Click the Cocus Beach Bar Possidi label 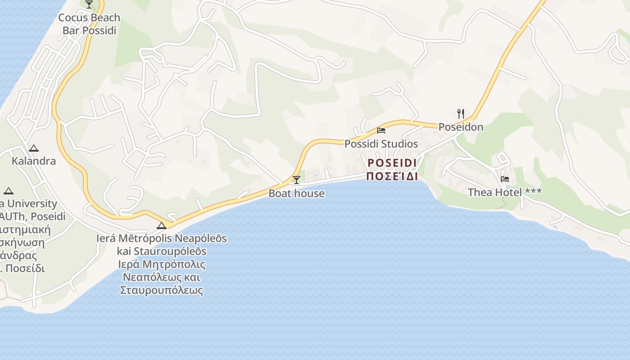pos(89,24)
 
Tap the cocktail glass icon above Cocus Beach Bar pos(89,4)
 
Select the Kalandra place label pos(34,161)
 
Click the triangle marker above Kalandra pos(34,148)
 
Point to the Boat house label pos(296,193)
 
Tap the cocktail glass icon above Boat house pos(296,180)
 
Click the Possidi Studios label pos(381,144)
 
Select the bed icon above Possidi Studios pos(381,130)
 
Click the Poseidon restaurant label pos(461,127)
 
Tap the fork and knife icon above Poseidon pos(460,113)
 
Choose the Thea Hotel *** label pos(504,193)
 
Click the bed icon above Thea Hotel pos(505,179)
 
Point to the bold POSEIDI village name pos(391,162)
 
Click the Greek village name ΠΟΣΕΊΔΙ pos(391,176)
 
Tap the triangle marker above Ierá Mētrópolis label pos(162,225)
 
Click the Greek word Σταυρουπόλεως pos(162,290)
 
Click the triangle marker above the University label pos(8,191)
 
